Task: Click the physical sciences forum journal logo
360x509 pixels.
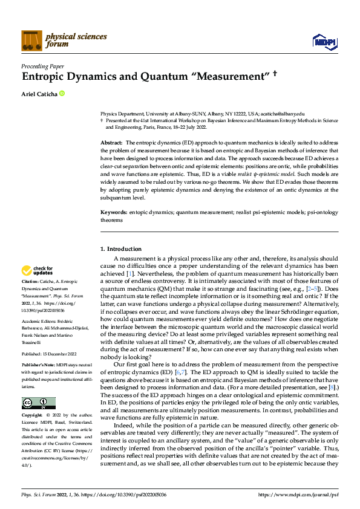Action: click(x=64, y=40)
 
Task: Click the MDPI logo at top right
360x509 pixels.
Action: click(x=324, y=41)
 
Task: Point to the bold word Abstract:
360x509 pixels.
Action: click(x=111, y=141)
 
